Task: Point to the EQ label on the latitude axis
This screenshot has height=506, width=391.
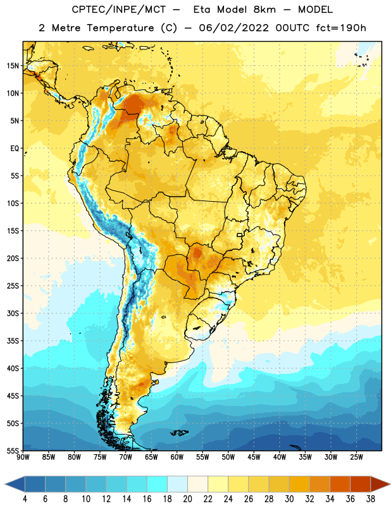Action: point(15,149)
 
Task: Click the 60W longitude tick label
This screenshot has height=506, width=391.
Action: point(177,457)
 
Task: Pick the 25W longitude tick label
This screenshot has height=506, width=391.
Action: point(356,457)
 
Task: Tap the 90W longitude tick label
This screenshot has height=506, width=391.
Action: point(23,457)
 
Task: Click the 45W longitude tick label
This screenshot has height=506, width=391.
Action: point(254,457)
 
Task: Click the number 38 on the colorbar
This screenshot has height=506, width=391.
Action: point(370,499)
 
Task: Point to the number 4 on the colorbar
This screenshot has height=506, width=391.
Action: point(25,499)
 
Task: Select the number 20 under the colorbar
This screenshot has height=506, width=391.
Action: point(187,499)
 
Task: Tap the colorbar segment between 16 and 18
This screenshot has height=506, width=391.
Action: point(158,484)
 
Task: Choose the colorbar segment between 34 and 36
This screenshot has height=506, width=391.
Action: point(340,484)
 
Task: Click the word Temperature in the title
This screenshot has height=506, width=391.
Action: point(120,28)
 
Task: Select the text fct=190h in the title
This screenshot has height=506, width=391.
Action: point(341,28)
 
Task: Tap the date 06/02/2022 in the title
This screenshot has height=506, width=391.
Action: point(233,28)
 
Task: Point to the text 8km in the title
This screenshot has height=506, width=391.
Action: point(264,9)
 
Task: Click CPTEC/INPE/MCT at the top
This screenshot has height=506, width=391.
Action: point(119,10)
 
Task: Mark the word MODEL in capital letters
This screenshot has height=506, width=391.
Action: point(315,9)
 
